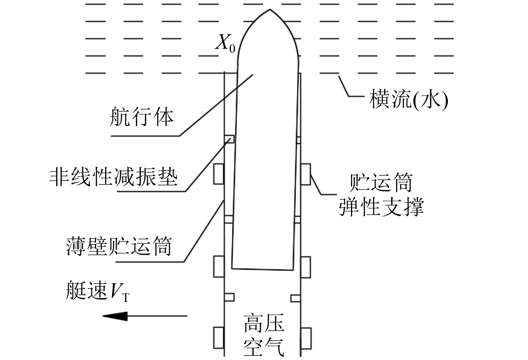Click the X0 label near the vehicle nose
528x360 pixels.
coord(225,44)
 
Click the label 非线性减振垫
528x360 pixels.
coord(114,176)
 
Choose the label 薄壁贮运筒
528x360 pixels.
coord(119,246)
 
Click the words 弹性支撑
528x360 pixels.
coord(381,207)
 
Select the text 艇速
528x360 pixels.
coord(86,291)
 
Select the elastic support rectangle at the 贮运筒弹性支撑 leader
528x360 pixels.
coord(306,174)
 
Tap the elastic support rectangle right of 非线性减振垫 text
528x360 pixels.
coord(219,174)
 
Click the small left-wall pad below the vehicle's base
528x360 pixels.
coord(229,297)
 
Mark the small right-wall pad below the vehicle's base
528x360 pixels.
coord(295,298)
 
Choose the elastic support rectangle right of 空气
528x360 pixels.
coord(306,338)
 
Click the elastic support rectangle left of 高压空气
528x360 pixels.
coord(219,337)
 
